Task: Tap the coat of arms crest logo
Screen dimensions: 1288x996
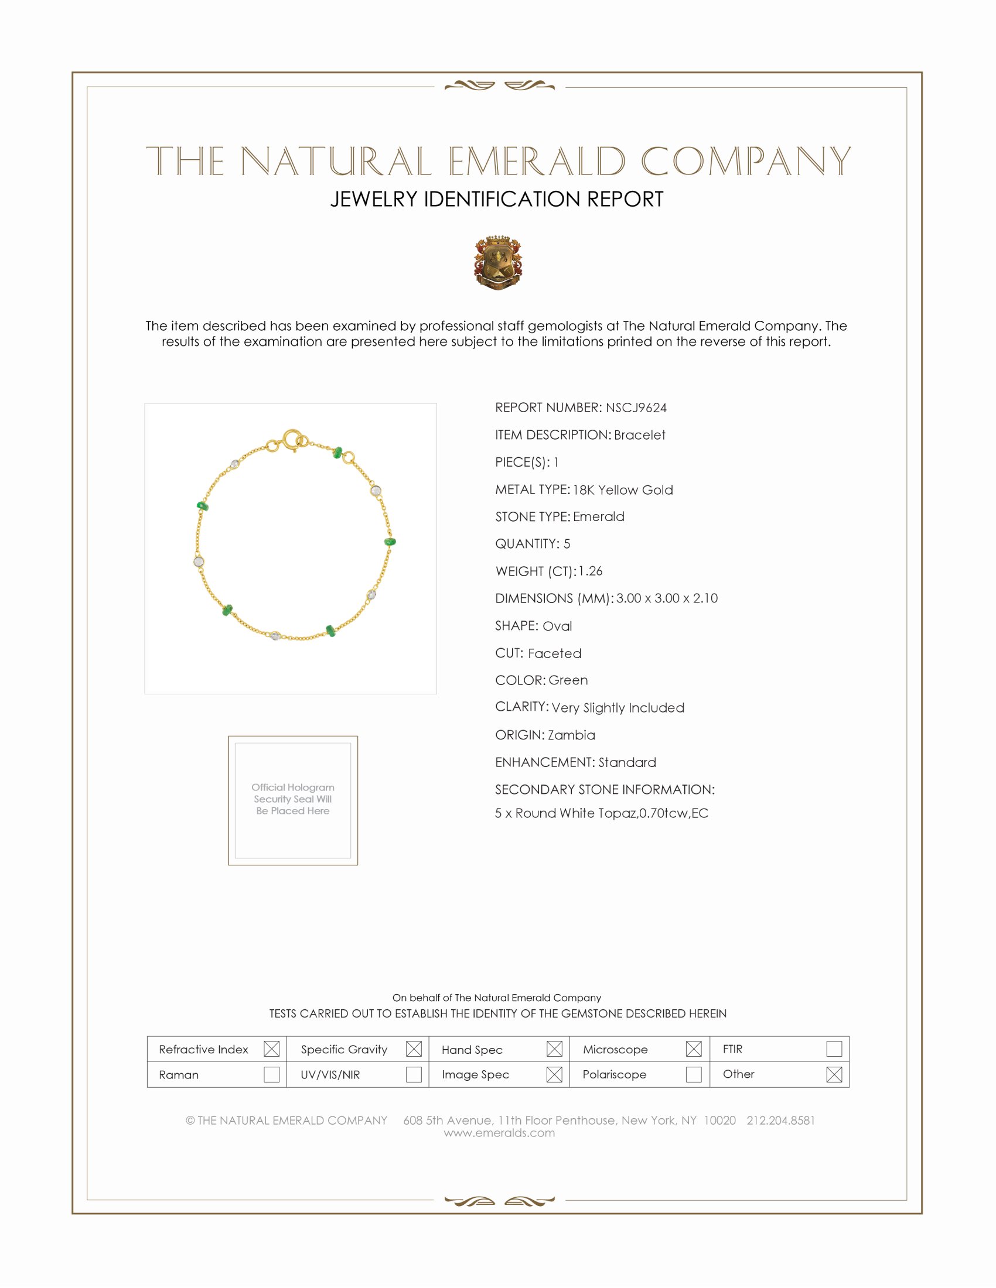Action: [x=497, y=263]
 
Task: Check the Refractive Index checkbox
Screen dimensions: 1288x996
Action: [x=271, y=1049]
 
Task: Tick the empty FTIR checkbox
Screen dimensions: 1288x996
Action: [x=834, y=1049]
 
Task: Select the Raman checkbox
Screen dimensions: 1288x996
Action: [x=271, y=1074]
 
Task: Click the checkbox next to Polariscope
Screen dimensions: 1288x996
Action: [x=694, y=1074]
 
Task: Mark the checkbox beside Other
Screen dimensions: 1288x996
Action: [x=834, y=1074]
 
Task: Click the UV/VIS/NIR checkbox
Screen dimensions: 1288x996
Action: [x=414, y=1074]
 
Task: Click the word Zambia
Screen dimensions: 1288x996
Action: [x=571, y=735]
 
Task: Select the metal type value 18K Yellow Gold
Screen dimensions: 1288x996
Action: [x=622, y=490]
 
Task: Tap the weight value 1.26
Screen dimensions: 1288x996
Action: [x=590, y=571]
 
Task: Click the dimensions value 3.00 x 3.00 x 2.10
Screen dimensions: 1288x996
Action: [x=667, y=598]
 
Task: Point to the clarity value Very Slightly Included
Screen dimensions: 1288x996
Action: [x=618, y=708]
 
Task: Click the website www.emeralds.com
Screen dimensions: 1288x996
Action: [x=499, y=1133]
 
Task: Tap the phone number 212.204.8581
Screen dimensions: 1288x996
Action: [x=780, y=1121]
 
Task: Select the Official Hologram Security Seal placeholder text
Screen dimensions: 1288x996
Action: [x=293, y=799]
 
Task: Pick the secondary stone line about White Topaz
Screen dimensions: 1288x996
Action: [x=601, y=813]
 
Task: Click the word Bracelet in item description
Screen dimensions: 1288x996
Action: [x=639, y=435]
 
